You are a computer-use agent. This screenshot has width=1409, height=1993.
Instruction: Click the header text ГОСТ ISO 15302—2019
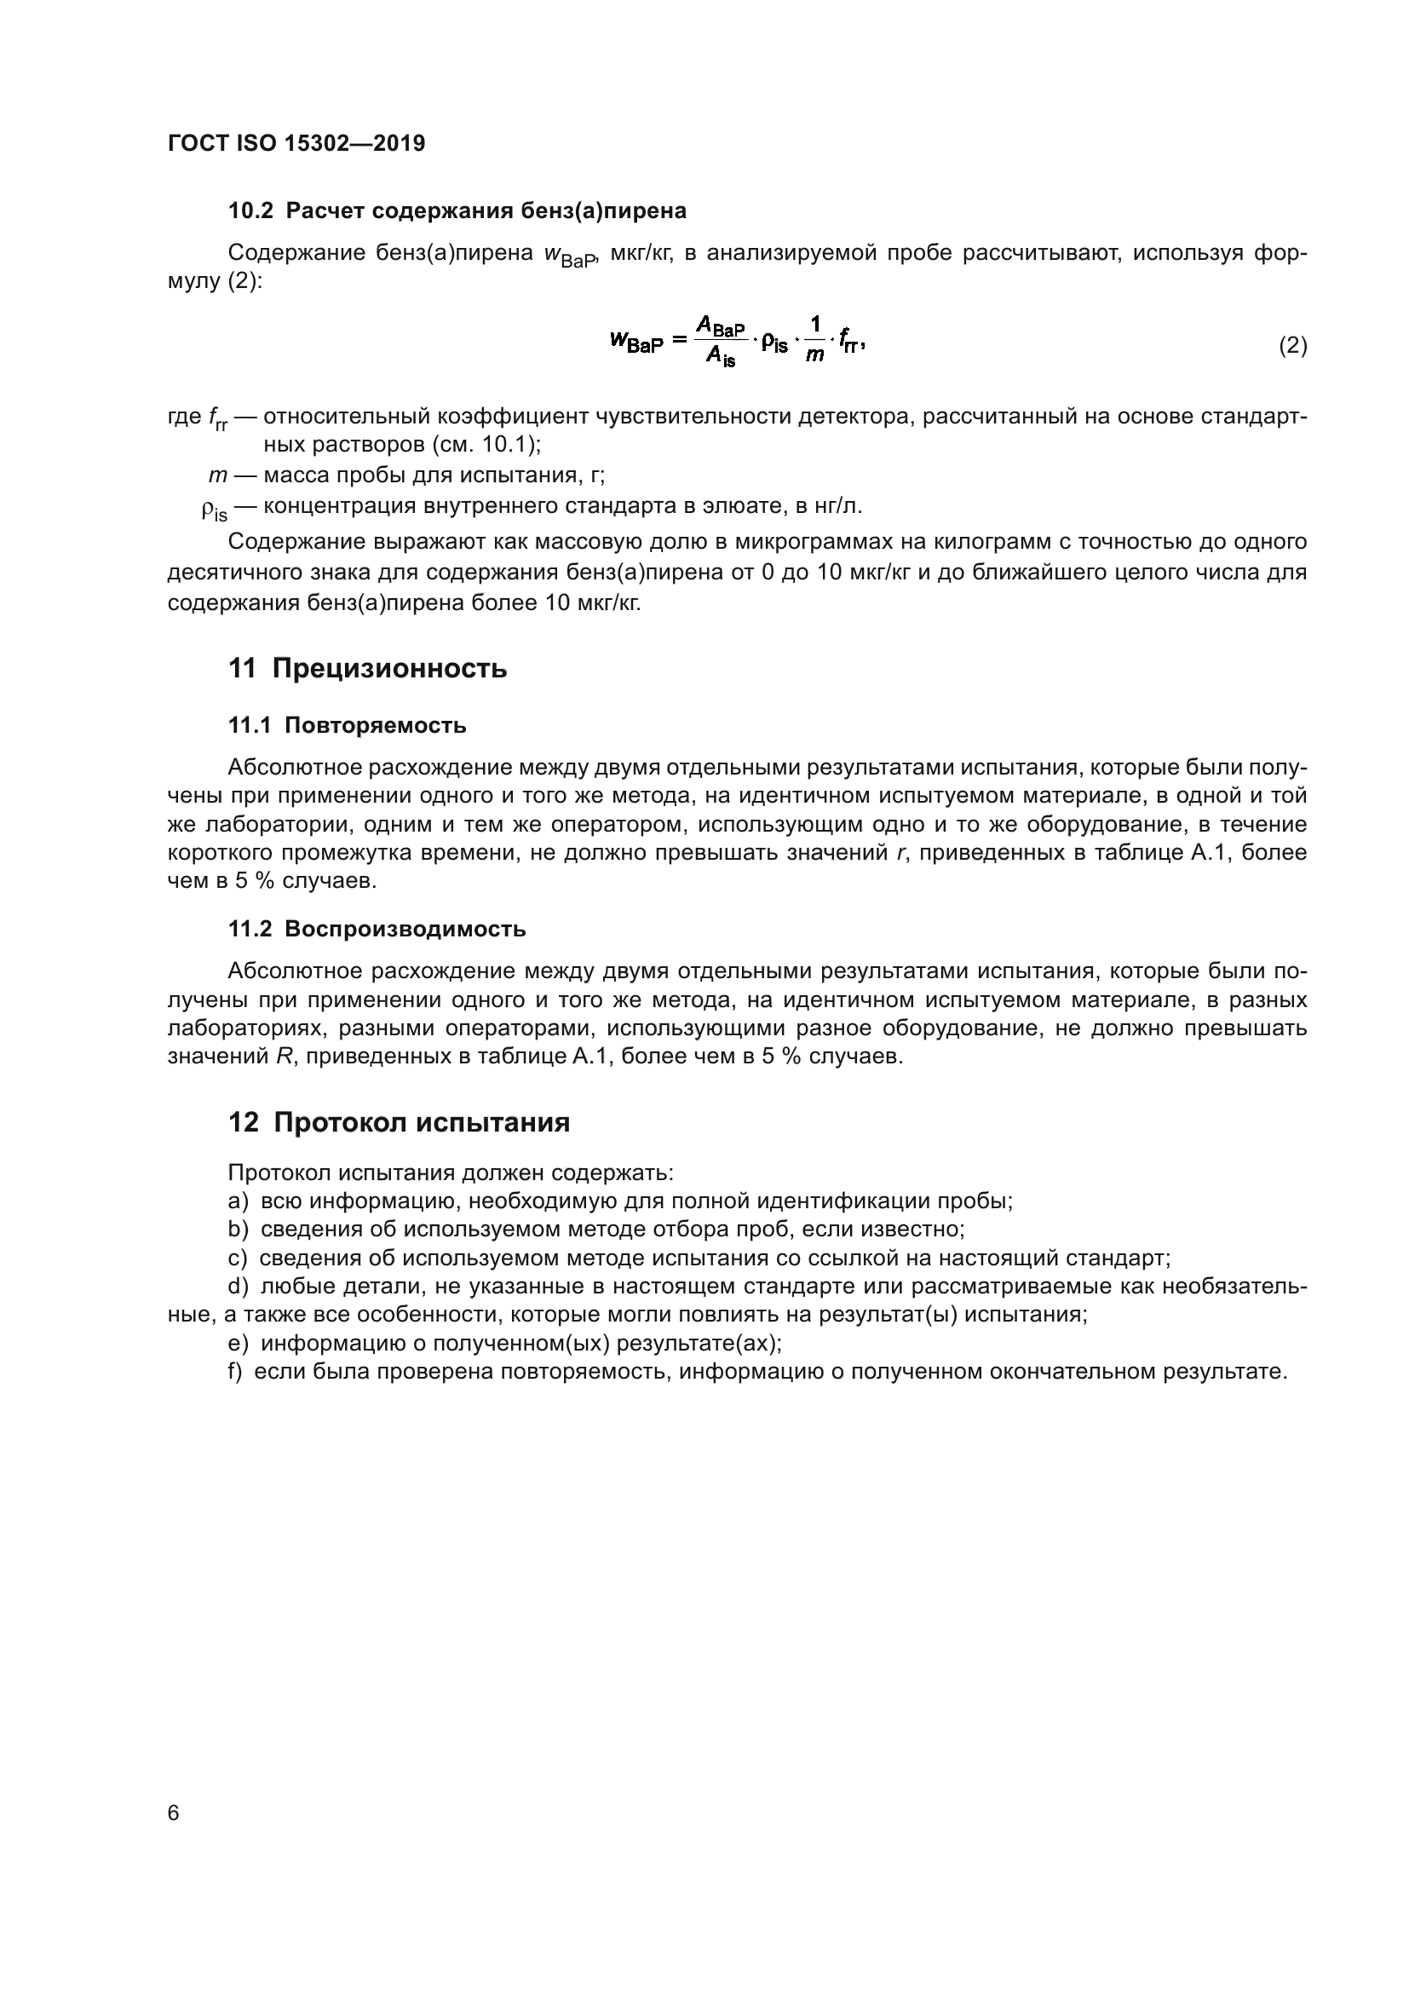[x=296, y=143]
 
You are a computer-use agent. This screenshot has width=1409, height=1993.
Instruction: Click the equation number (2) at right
[x=1292, y=345]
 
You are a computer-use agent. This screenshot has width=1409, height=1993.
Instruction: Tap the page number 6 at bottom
[x=174, y=1812]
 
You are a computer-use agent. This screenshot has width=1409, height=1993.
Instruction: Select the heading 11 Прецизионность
[x=367, y=668]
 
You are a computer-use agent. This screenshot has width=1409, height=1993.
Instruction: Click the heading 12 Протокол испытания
[x=398, y=1122]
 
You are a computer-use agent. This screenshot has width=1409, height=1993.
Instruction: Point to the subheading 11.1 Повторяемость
[x=347, y=726]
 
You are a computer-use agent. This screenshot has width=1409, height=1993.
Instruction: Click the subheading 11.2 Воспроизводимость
[x=377, y=929]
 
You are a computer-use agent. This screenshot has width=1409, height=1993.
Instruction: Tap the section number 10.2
[x=250, y=211]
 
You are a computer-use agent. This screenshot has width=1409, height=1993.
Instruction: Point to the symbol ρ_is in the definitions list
[x=214, y=510]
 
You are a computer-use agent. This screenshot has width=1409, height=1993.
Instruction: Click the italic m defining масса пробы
[x=217, y=475]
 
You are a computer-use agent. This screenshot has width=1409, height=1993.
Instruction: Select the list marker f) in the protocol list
[x=235, y=1372]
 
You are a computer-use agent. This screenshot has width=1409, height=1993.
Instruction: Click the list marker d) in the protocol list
[x=238, y=1287]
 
